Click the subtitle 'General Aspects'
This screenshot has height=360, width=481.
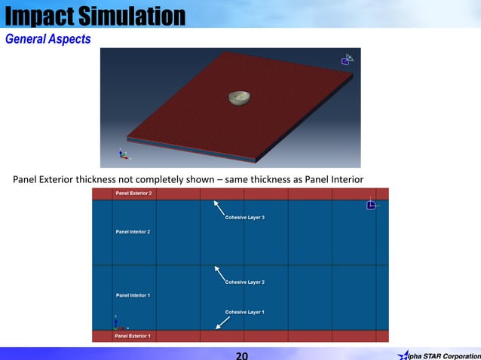click(48, 38)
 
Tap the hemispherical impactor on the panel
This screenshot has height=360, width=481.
click(239, 98)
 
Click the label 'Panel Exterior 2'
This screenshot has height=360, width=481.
click(133, 194)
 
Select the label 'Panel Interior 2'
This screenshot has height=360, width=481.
click(133, 231)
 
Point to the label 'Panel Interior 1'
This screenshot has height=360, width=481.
click(133, 294)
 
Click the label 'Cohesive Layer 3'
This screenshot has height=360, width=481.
click(244, 218)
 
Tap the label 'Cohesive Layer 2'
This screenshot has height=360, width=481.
click(244, 282)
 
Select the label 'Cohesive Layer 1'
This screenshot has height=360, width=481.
click(244, 311)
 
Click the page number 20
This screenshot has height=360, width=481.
click(241, 355)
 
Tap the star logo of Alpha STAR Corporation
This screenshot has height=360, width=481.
click(404, 355)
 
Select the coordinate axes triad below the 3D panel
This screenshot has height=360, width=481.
click(124, 154)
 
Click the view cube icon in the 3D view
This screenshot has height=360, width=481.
click(348, 59)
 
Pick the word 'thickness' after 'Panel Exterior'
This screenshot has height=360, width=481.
click(108, 179)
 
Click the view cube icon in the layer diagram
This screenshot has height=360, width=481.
click(371, 204)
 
